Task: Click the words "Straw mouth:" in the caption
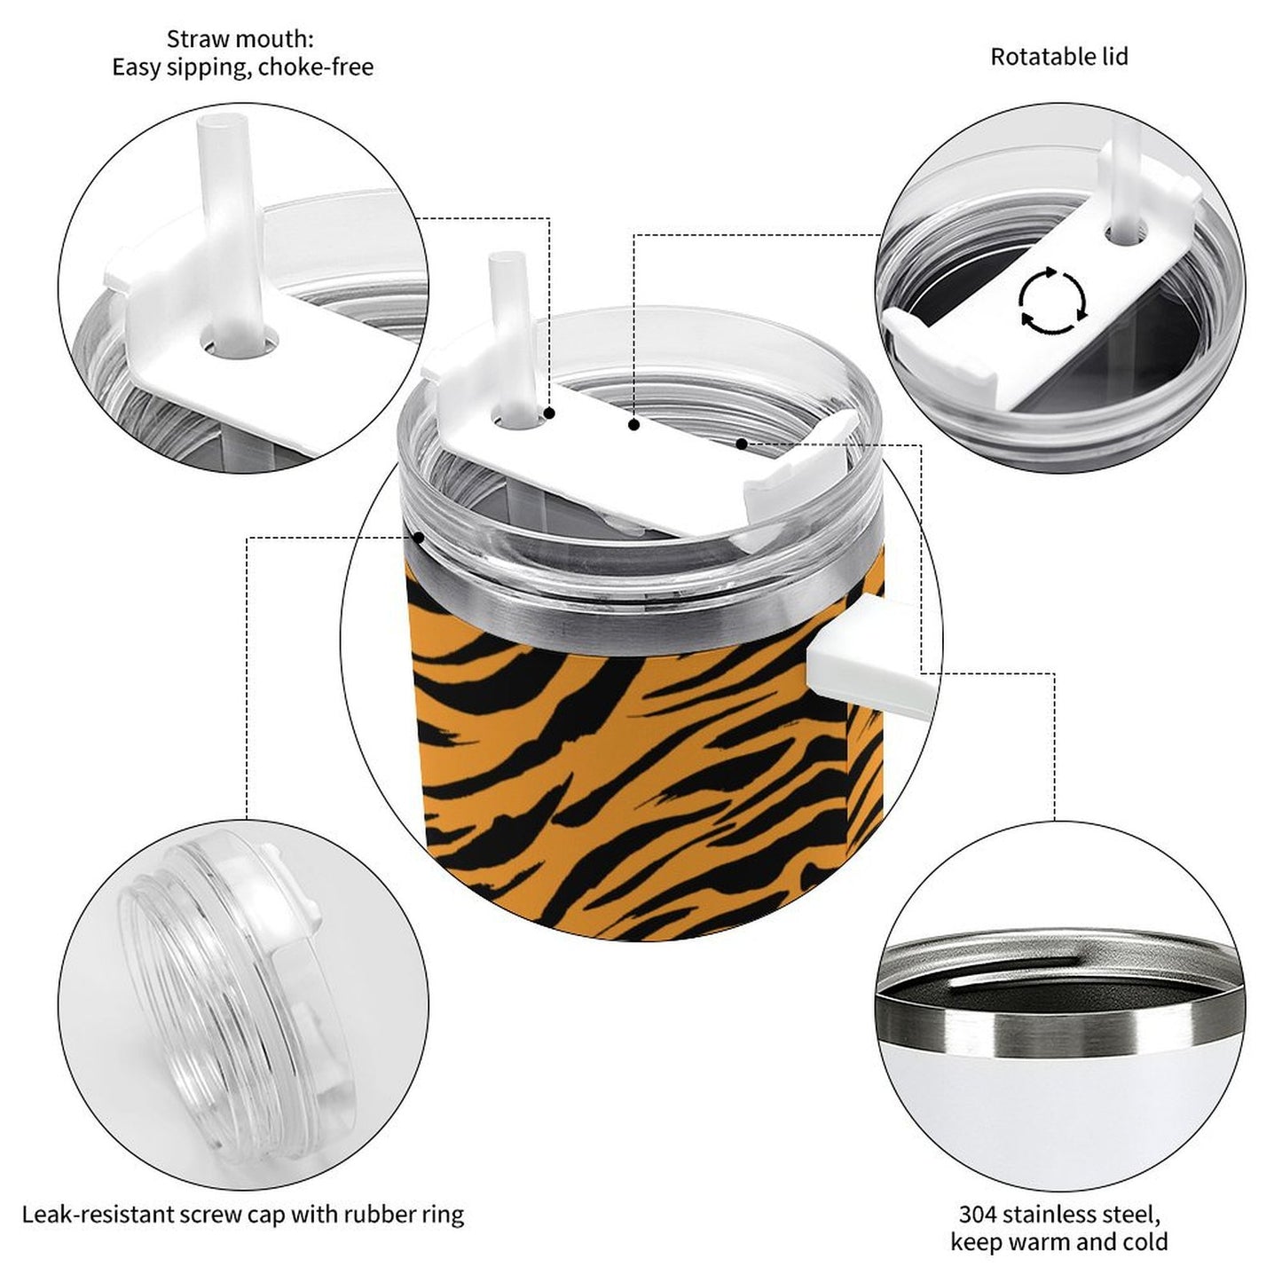coord(240,39)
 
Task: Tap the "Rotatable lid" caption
coord(1058,57)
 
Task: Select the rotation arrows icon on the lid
coord(1052,300)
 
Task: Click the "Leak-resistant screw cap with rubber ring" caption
coord(242,1214)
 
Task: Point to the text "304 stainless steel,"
coord(1058,1214)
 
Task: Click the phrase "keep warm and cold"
coord(1058,1242)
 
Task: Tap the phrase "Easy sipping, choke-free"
coord(242,67)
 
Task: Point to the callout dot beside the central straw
coord(550,413)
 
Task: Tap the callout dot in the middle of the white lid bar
coord(633,426)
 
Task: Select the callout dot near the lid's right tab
coord(741,443)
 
